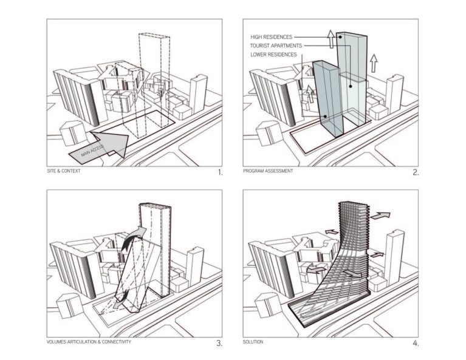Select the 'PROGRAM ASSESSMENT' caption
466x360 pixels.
click(x=268, y=171)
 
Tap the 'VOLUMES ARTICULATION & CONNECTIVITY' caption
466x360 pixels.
click(x=89, y=341)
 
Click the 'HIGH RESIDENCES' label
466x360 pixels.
click(x=272, y=37)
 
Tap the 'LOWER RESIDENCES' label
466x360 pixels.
click(x=273, y=55)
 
